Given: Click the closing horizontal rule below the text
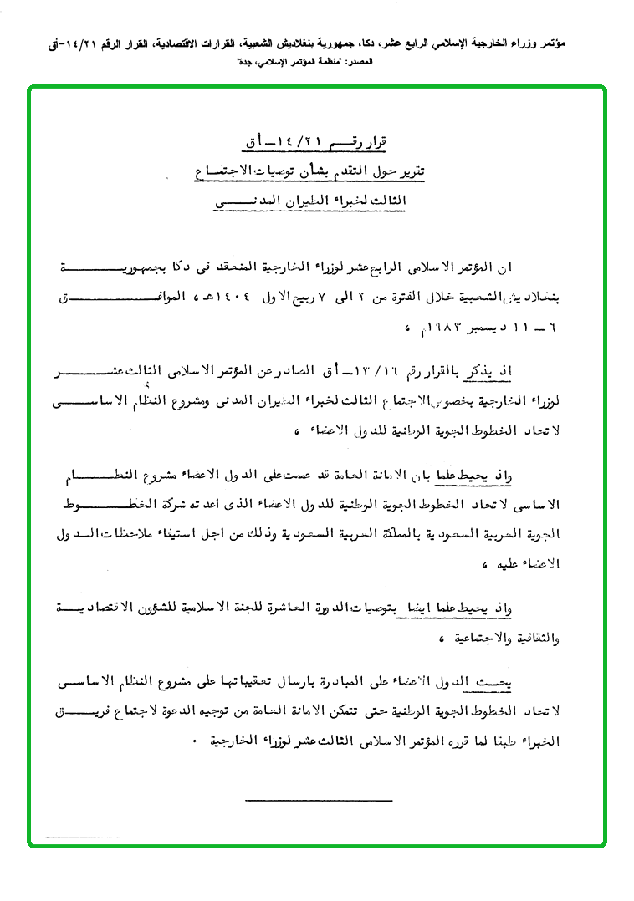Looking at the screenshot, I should click(x=319, y=801).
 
